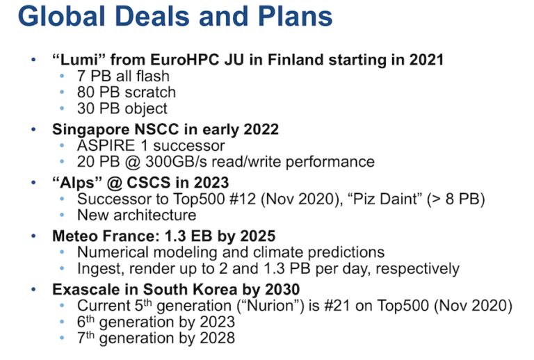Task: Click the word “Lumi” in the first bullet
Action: tap(79, 60)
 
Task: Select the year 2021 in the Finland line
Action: tap(426, 60)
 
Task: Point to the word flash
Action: tap(152, 76)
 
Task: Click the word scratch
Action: tap(150, 92)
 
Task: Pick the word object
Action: tap(146, 109)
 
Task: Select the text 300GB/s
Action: tap(176, 162)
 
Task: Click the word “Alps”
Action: tap(77, 183)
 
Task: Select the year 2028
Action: tap(217, 338)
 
